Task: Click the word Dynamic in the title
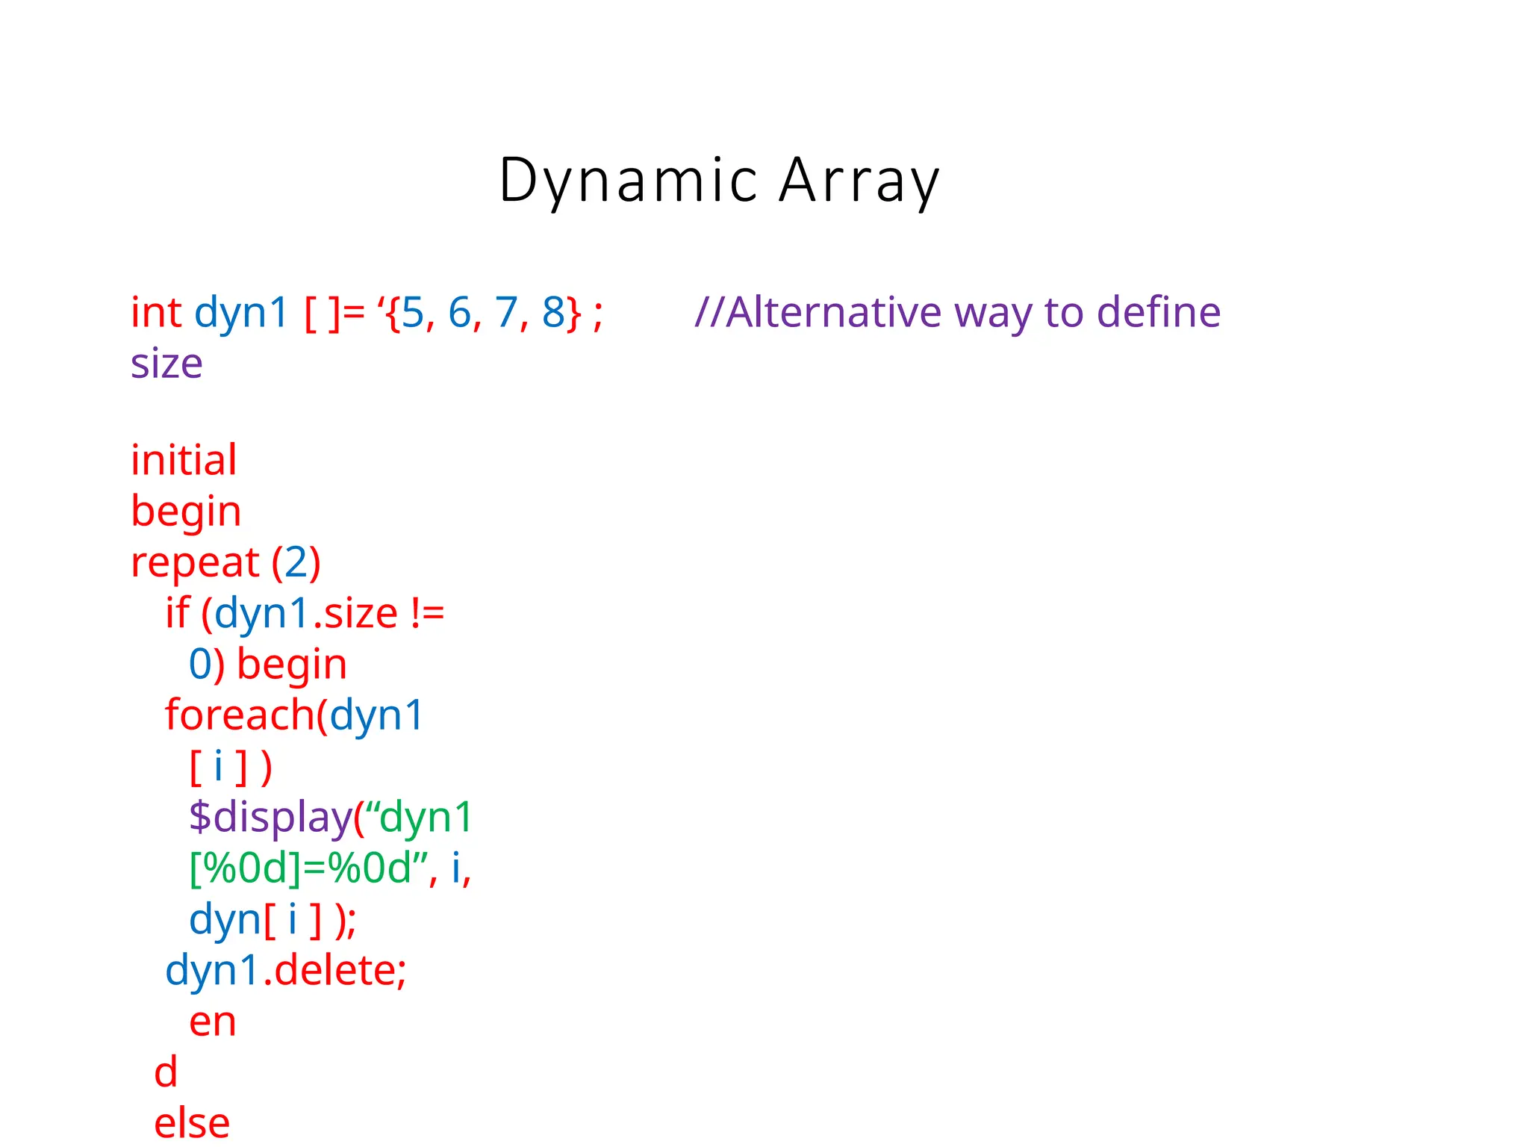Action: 629,181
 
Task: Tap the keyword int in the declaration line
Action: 156,312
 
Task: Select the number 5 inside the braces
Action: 413,312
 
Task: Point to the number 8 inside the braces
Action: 553,312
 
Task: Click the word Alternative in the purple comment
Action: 833,312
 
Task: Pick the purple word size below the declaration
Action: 166,364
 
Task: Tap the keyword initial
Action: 184,460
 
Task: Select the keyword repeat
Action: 195,562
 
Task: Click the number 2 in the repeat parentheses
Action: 296,562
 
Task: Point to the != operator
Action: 428,614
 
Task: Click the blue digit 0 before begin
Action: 201,665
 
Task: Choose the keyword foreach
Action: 240,715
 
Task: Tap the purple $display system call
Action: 270,817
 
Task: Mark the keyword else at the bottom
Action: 192,1123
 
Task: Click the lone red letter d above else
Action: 166,1072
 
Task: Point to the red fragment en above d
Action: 213,1022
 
